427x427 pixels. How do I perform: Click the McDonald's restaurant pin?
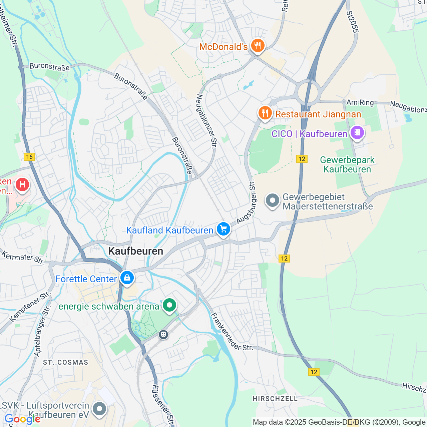(x=257, y=46)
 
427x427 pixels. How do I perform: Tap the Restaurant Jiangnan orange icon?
(x=265, y=113)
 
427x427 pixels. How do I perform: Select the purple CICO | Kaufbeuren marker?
(x=357, y=132)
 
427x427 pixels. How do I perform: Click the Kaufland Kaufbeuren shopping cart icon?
(x=223, y=230)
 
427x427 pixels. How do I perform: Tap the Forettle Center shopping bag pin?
(x=127, y=278)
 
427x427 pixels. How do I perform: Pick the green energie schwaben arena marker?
(x=169, y=305)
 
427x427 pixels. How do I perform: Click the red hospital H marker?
(x=22, y=184)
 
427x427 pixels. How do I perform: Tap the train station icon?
(x=163, y=334)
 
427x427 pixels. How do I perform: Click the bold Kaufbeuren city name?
(x=136, y=251)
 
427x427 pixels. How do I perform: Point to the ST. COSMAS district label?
(x=66, y=362)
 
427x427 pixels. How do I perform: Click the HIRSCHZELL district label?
(x=275, y=399)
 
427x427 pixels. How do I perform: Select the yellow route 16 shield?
(x=29, y=157)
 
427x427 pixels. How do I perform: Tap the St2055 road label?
(x=352, y=22)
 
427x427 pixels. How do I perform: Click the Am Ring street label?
(x=360, y=102)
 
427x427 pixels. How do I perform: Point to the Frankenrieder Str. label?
(x=232, y=332)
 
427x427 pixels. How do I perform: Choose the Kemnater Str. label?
(x=23, y=258)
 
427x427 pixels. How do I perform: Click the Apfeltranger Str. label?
(x=42, y=330)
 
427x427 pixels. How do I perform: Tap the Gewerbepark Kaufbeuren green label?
(x=347, y=164)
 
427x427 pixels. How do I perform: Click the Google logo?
(x=22, y=419)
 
